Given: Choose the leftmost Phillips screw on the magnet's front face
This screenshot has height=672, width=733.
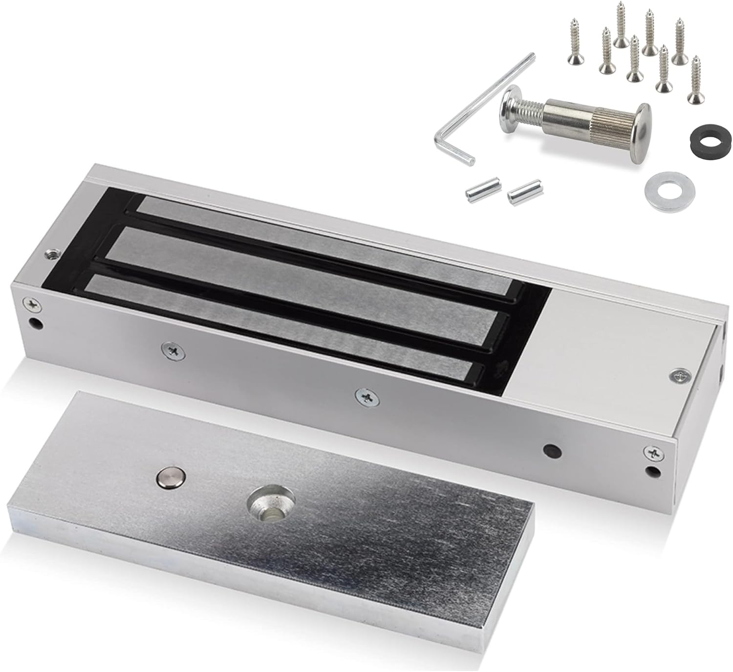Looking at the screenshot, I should [x=33, y=304].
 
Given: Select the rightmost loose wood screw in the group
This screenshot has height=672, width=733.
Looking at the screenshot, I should [x=693, y=81].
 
